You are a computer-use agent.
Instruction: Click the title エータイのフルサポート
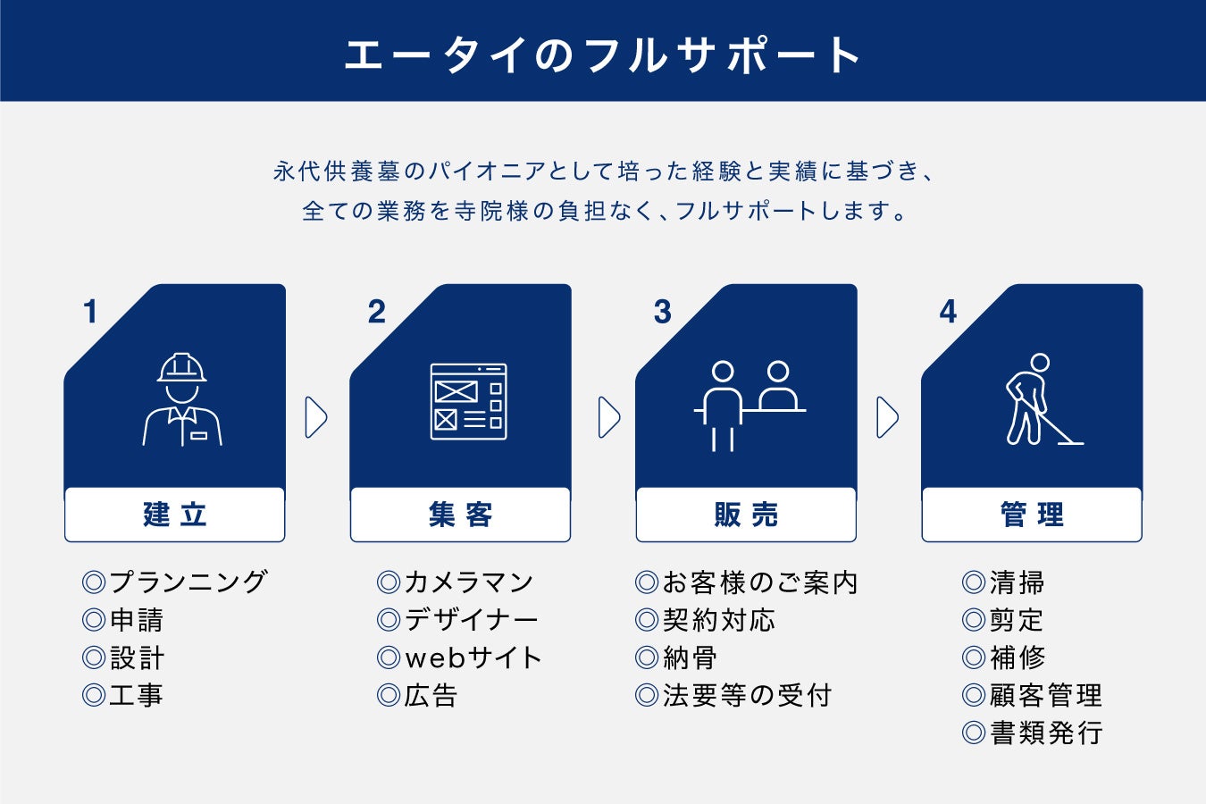(603, 54)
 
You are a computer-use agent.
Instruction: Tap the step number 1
(90, 312)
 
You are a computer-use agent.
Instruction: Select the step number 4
(948, 312)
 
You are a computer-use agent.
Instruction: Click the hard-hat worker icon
(182, 399)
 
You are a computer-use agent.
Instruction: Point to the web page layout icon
(468, 401)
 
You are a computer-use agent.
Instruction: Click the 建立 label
(175, 515)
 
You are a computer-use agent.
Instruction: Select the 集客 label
(460, 515)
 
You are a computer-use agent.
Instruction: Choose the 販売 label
(746, 515)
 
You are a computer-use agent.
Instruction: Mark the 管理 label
(1032, 515)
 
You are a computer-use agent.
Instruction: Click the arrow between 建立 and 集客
(316, 417)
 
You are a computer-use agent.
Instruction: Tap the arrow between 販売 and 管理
(887, 417)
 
